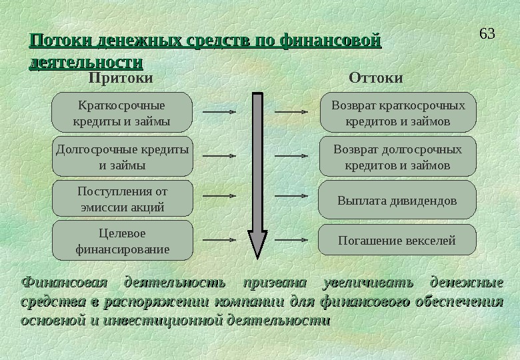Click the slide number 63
click(x=487, y=33)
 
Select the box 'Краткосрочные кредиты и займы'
click(x=121, y=113)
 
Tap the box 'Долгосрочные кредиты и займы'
click(x=121, y=157)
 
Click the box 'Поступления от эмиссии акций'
click(x=122, y=199)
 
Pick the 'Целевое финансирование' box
click(x=122, y=241)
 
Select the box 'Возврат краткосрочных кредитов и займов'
click(x=398, y=113)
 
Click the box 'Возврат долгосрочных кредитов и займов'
click(x=398, y=157)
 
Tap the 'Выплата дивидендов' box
click(x=397, y=200)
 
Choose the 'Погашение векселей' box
click(x=397, y=240)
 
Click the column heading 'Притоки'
click(x=121, y=78)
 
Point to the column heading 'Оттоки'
click(x=376, y=78)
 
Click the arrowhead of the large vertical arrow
click(x=257, y=244)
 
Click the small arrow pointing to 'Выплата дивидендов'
click(x=292, y=197)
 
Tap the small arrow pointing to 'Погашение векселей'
click(x=292, y=239)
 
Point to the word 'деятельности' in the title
click(x=86, y=63)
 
